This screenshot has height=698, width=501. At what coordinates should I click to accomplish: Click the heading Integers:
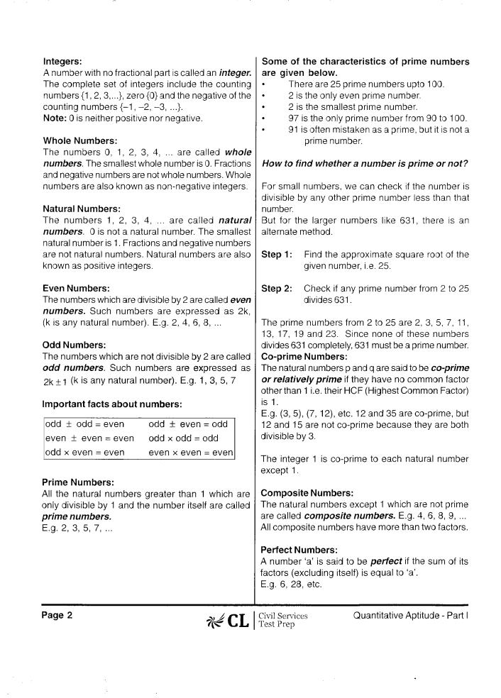(x=65, y=62)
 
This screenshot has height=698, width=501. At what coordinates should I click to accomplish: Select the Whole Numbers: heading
(x=80, y=140)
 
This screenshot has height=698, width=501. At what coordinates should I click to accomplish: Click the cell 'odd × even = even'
(x=84, y=452)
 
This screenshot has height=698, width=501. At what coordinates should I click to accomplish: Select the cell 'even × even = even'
(x=191, y=452)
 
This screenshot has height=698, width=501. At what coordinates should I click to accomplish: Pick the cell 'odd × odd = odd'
(x=184, y=438)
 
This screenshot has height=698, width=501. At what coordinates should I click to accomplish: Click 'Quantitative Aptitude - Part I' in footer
(x=411, y=615)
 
